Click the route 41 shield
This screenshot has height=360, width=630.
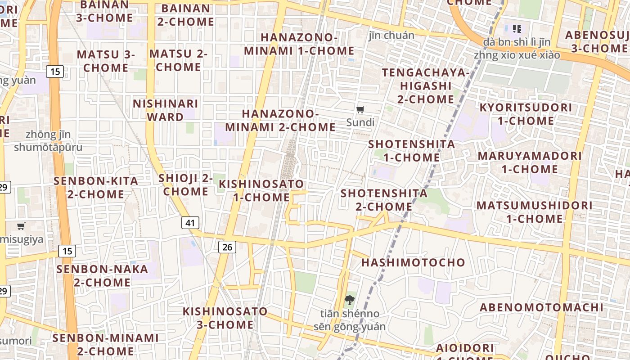190,222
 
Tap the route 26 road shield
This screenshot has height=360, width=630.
228,247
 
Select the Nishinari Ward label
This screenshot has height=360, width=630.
165,110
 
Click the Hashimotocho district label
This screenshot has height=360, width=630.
413,262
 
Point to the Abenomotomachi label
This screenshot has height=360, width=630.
541,307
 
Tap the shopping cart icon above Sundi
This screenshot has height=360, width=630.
360,109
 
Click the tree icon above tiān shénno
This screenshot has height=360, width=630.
349,300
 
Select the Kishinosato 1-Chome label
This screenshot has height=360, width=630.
261,190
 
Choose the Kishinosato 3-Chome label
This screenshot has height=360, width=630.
225,318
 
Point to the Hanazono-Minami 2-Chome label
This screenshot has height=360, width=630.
280,121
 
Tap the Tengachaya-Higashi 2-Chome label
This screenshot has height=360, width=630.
426,85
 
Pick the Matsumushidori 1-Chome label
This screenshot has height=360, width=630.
534,212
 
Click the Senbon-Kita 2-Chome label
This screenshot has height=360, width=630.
96,188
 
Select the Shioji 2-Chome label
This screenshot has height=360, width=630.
185,184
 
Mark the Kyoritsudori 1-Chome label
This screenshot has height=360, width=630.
526,114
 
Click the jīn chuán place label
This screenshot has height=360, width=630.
391,35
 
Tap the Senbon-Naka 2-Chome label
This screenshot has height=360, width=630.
102,276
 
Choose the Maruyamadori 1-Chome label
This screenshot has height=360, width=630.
530,162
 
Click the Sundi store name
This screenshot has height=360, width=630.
360,122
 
